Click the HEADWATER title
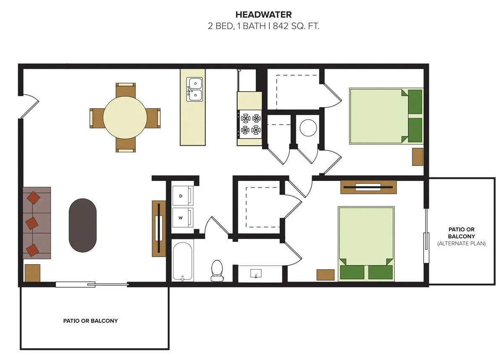(x=263, y=15)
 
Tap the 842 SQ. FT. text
(x=296, y=26)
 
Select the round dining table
(x=125, y=118)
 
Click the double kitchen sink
(x=194, y=89)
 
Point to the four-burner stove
(x=250, y=124)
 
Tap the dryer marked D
(x=183, y=195)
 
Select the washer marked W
(x=183, y=218)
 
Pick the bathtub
(x=182, y=262)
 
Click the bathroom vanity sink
(x=256, y=273)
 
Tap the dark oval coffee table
(x=83, y=225)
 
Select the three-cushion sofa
(x=37, y=223)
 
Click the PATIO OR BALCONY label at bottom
(x=90, y=321)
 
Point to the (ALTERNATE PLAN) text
(x=462, y=244)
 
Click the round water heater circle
(x=308, y=128)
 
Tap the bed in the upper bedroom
(x=386, y=116)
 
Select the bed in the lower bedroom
(x=366, y=244)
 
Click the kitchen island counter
(x=193, y=107)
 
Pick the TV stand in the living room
(x=159, y=229)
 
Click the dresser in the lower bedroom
(x=368, y=187)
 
